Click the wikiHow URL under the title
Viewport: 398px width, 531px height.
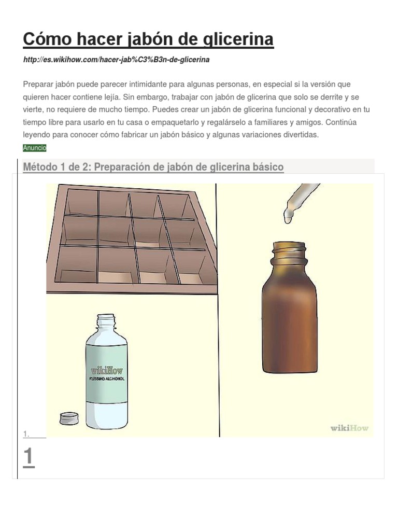pos(116,60)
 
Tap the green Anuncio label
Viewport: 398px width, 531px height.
pos(35,148)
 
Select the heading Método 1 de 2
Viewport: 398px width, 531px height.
pos(153,167)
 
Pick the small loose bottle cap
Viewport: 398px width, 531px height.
pos(69,418)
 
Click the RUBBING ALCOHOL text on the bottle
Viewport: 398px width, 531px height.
pos(107,379)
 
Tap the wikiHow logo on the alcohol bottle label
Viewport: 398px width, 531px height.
pos(107,370)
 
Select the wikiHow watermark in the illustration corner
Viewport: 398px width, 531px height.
pos(349,428)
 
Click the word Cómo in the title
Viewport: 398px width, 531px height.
pos(47,39)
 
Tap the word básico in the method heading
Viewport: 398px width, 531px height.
pos(268,167)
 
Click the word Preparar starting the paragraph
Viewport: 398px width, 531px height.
pos(38,85)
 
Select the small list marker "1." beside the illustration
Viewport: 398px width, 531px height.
pos(26,434)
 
